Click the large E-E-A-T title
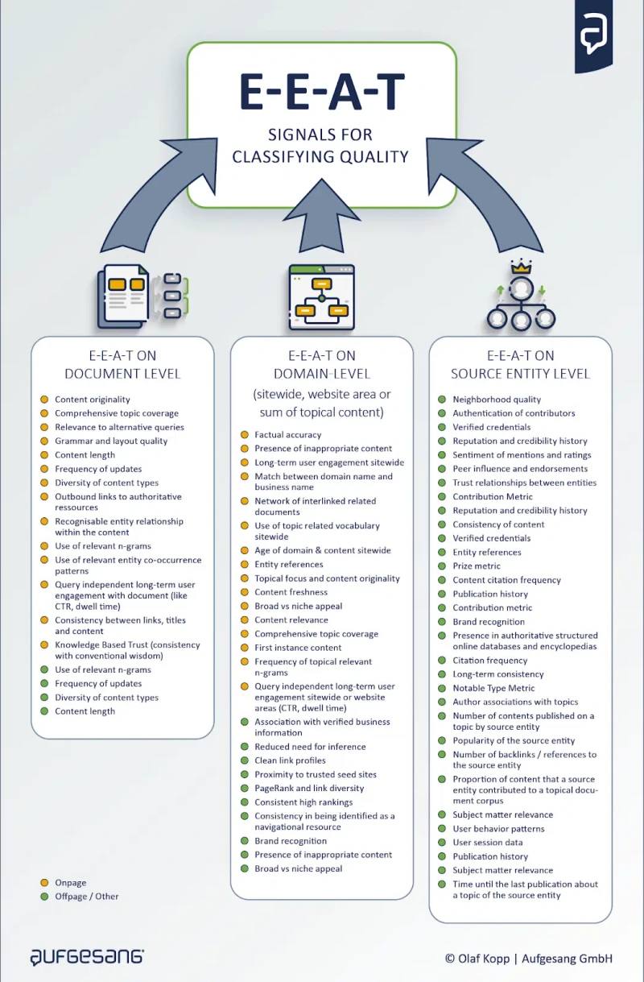pyautogui.click(x=322, y=92)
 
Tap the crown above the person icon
pyautogui.click(x=521, y=267)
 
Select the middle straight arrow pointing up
pyautogui.click(x=322, y=215)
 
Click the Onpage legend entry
pyautogui.click(x=63, y=882)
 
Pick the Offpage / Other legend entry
pyautogui.click(x=80, y=896)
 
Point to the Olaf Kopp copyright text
pyautogui.click(x=529, y=959)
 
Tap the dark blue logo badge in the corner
pyautogui.click(x=593, y=35)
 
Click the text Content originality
pyautogui.click(x=93, y=400)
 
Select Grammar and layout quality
pyautogui.click(x=111, y=441)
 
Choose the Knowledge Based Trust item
pyautogui.click(x=127, y=650)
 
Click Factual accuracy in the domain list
pyautogui.click(x=288, y=434)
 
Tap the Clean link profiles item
pyautogui.click(x=290, y=760)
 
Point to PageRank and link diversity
pyautogui.click(x=309, y=788)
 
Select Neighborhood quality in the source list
pyautogui.click(x=497, y=400)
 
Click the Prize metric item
pyautogui.click(x=477, y=566)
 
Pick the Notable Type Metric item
pyautogui.click(x=493, y=688)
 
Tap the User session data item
pyautogui.click(x=488, y=842)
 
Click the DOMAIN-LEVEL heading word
pyautogui.click(x=322, y=374)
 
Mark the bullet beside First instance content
pyautogui.click(x=245, y=648)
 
